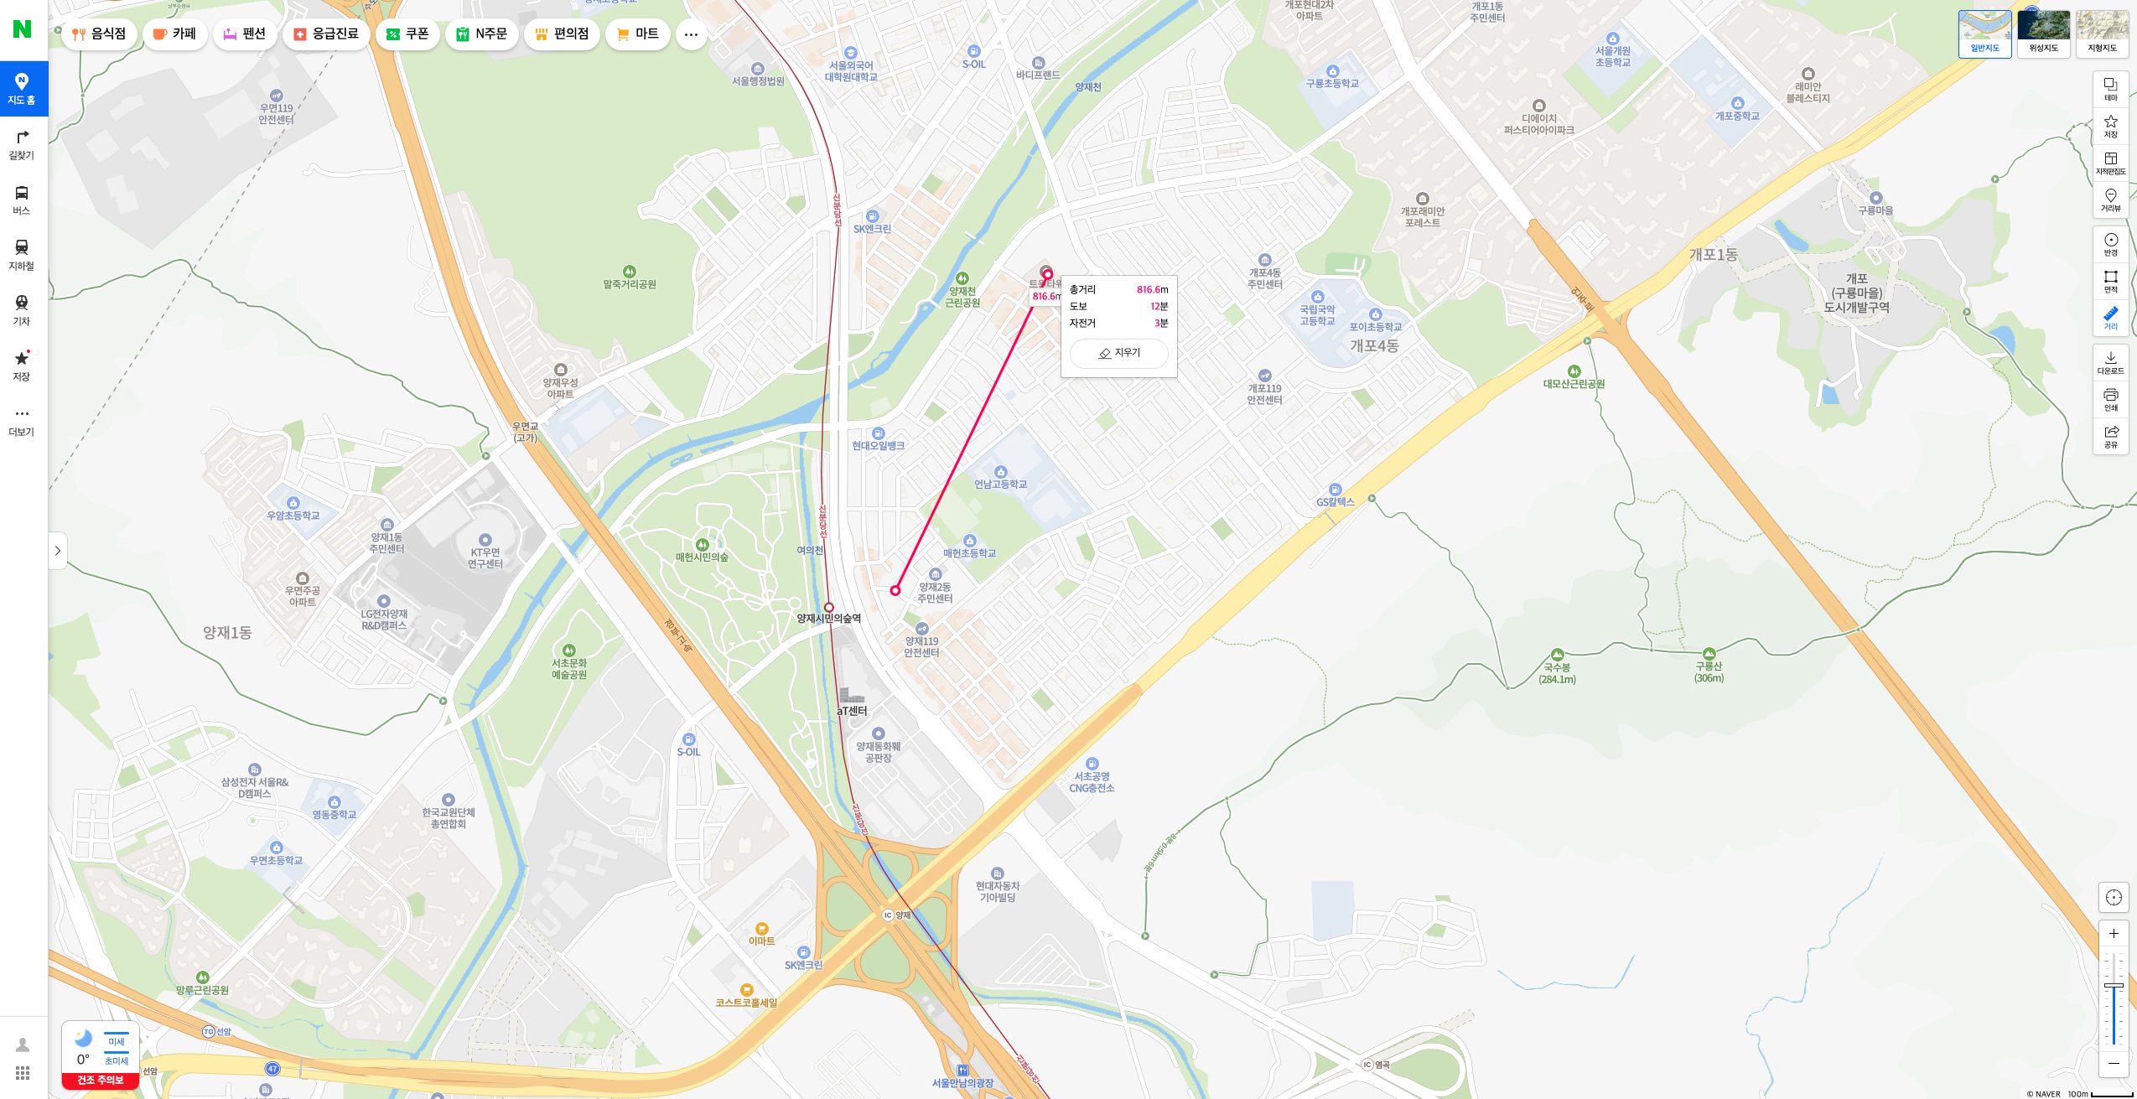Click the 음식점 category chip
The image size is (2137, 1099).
point(100,34)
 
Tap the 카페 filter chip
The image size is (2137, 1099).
point(175,34)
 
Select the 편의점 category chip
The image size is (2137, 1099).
point(562,34)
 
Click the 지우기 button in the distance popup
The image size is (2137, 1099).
point(1119,353)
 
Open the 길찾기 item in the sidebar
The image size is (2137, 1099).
point(22,144)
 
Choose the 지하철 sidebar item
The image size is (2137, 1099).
point(22,255)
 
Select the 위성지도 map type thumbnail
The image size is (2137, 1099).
point(2043,33)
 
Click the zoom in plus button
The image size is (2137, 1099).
point(2114,934)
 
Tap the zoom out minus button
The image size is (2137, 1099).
point(2114,1063)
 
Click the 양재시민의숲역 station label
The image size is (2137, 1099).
point(828,619)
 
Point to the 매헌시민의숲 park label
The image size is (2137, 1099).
point(702,557)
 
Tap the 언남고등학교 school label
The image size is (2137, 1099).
point(1000,484)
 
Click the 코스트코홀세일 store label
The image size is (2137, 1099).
point(746,1002)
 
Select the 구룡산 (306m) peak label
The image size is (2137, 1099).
point(1709,671)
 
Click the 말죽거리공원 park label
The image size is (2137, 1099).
point(629,284)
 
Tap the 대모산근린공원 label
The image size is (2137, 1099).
point(1574,384)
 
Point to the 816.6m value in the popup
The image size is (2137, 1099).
point(1152,290)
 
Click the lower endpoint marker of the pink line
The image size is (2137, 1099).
point(895,591)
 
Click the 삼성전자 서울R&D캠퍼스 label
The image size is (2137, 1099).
point(254,787)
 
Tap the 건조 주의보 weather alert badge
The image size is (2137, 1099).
point(101,1080)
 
